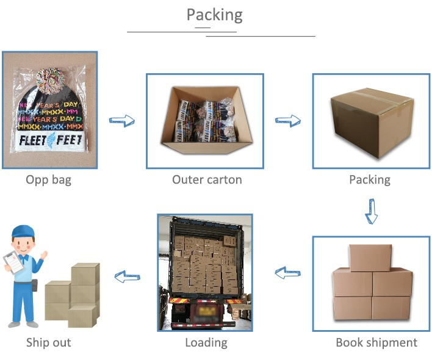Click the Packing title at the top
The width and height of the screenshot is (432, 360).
[214, 15]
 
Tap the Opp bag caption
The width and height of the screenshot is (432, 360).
[48, 180]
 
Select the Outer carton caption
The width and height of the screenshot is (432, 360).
[207, 180]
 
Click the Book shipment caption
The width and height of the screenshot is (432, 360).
[376, 342]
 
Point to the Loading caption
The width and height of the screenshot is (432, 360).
[206, 342]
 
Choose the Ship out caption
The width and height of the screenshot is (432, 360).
[48, 342]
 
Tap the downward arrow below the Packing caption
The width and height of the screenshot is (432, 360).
[370, 211]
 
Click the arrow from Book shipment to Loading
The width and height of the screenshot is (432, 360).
[288, 273]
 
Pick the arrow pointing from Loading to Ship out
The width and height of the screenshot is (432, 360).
[128, 276]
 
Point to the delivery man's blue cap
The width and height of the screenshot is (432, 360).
[23, 231]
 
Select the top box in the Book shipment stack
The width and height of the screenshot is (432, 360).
[370, 257]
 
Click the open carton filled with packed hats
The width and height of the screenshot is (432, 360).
[206, 121]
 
